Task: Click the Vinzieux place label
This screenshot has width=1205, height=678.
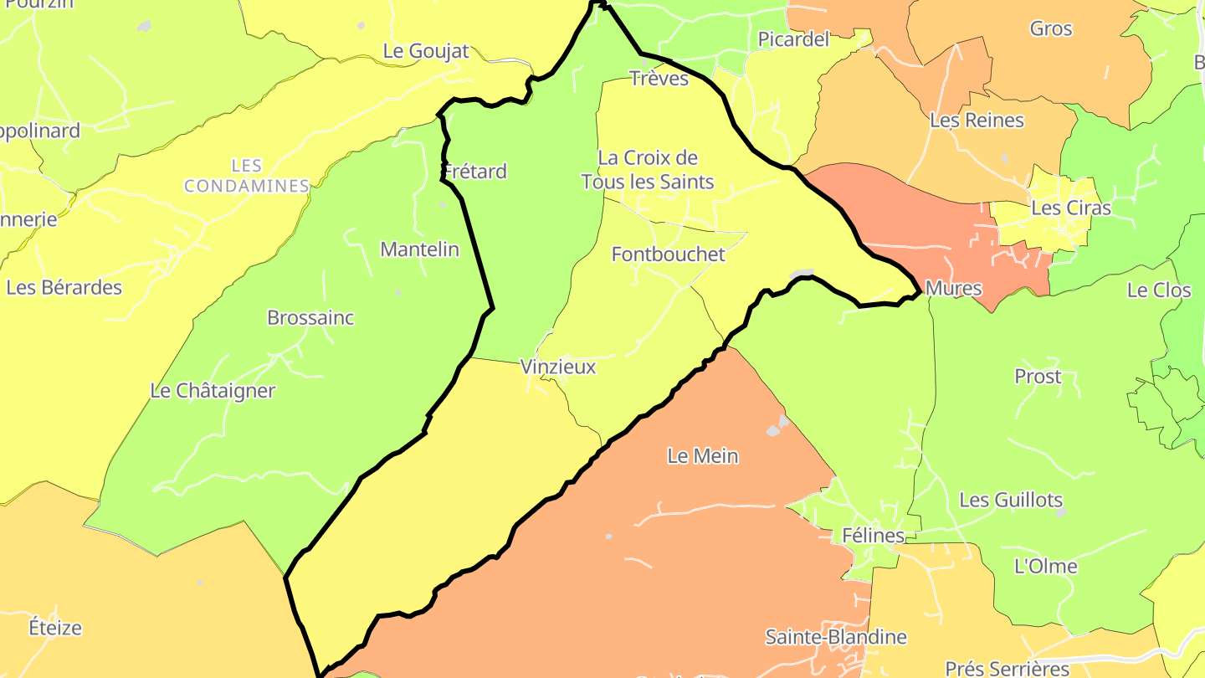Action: click(558, 367)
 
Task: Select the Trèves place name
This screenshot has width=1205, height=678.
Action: click(659, 79)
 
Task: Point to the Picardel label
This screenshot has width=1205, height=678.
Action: click(793, 39)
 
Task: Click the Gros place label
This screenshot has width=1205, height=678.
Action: click(1051, 28)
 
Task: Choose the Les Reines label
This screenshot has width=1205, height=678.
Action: click(977, 121)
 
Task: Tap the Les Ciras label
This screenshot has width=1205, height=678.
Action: click(1071, 208)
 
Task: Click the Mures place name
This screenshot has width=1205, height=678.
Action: click(954, 289)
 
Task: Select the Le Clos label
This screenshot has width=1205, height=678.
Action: click(1159, 290)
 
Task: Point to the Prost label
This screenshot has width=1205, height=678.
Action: click(1038, 377)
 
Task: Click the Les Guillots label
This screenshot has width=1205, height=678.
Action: click(1011, 501)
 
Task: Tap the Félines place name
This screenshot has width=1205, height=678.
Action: click(873, 536)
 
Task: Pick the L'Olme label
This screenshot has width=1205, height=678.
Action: click(1046, 567)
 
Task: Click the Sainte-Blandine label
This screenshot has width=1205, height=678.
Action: click(836, 637)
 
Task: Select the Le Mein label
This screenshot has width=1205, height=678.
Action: click(703, 456)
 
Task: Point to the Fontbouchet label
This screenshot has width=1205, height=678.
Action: click(669, 254)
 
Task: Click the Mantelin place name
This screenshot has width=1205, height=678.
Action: click(419, 249)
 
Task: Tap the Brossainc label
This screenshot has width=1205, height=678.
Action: click(310, 318)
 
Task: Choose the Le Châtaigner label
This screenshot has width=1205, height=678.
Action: click(213, 391)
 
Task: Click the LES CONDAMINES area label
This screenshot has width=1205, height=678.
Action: click(247, 176)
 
